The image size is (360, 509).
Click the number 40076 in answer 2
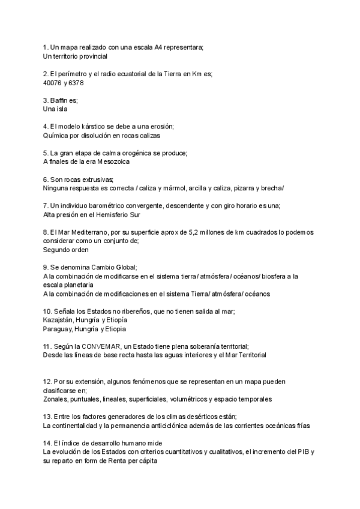pos(53,83)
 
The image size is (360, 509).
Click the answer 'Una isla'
pos(56,109)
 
